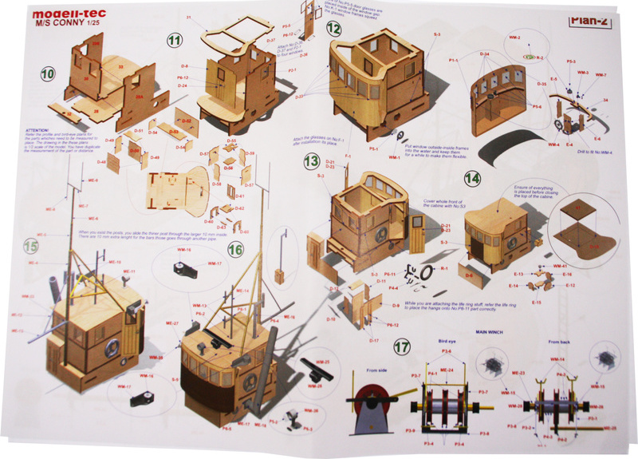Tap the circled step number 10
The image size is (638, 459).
pyautogui.click(x=49, y=74)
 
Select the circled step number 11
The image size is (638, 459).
pyautogui.click(x=175, y=40)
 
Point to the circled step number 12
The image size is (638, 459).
pyautogui.click(x=333, y=30)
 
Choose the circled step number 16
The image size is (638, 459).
pyautogui.click(x=235, y=249)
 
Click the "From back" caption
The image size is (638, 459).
pyautogui.click(x=558, y=341)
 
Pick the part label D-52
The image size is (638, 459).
pyautogui.click(x=185, y=120)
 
